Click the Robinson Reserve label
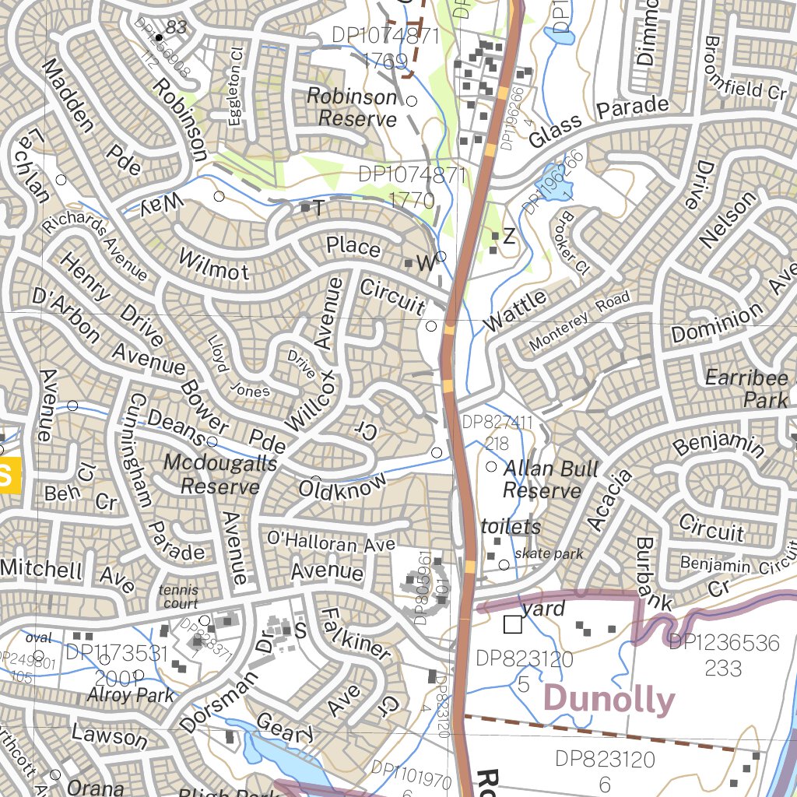[x=352, y=107]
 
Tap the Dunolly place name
[x=609, y=699]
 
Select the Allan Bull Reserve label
[x=550, y=479]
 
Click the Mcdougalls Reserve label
[x=219, y=475]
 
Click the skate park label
[x=548, y=554]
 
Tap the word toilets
[x=511, y=527]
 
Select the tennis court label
[x=178, y=597]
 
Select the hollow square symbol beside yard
[x=512, y=624]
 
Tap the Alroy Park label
[x=131, y=694]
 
